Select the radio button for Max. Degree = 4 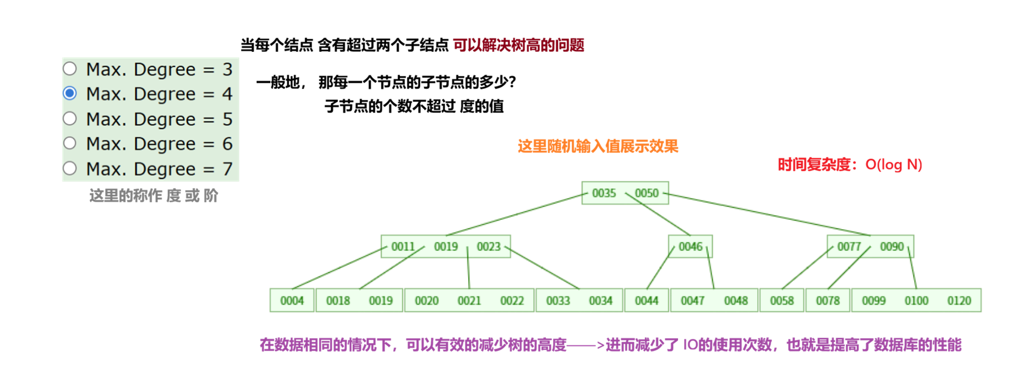(70, 93)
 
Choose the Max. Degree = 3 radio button (70, 68)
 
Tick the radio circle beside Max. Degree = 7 (70, 168)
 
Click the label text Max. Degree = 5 (159, 119)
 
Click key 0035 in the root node (604, 193)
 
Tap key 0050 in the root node (646, 193)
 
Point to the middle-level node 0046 (690, 247)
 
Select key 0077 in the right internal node (849, 247)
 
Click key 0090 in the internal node (892, 247)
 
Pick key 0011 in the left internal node (402, 247)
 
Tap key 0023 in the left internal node (489, 247)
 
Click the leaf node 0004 (292, 300)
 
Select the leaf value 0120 (959, 300)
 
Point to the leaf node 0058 (782, 300)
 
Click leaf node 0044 (646, 300)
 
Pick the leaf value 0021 (469, 300)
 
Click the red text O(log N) (893, 164)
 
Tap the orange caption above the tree (598, 146)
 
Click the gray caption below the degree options (153, 196)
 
